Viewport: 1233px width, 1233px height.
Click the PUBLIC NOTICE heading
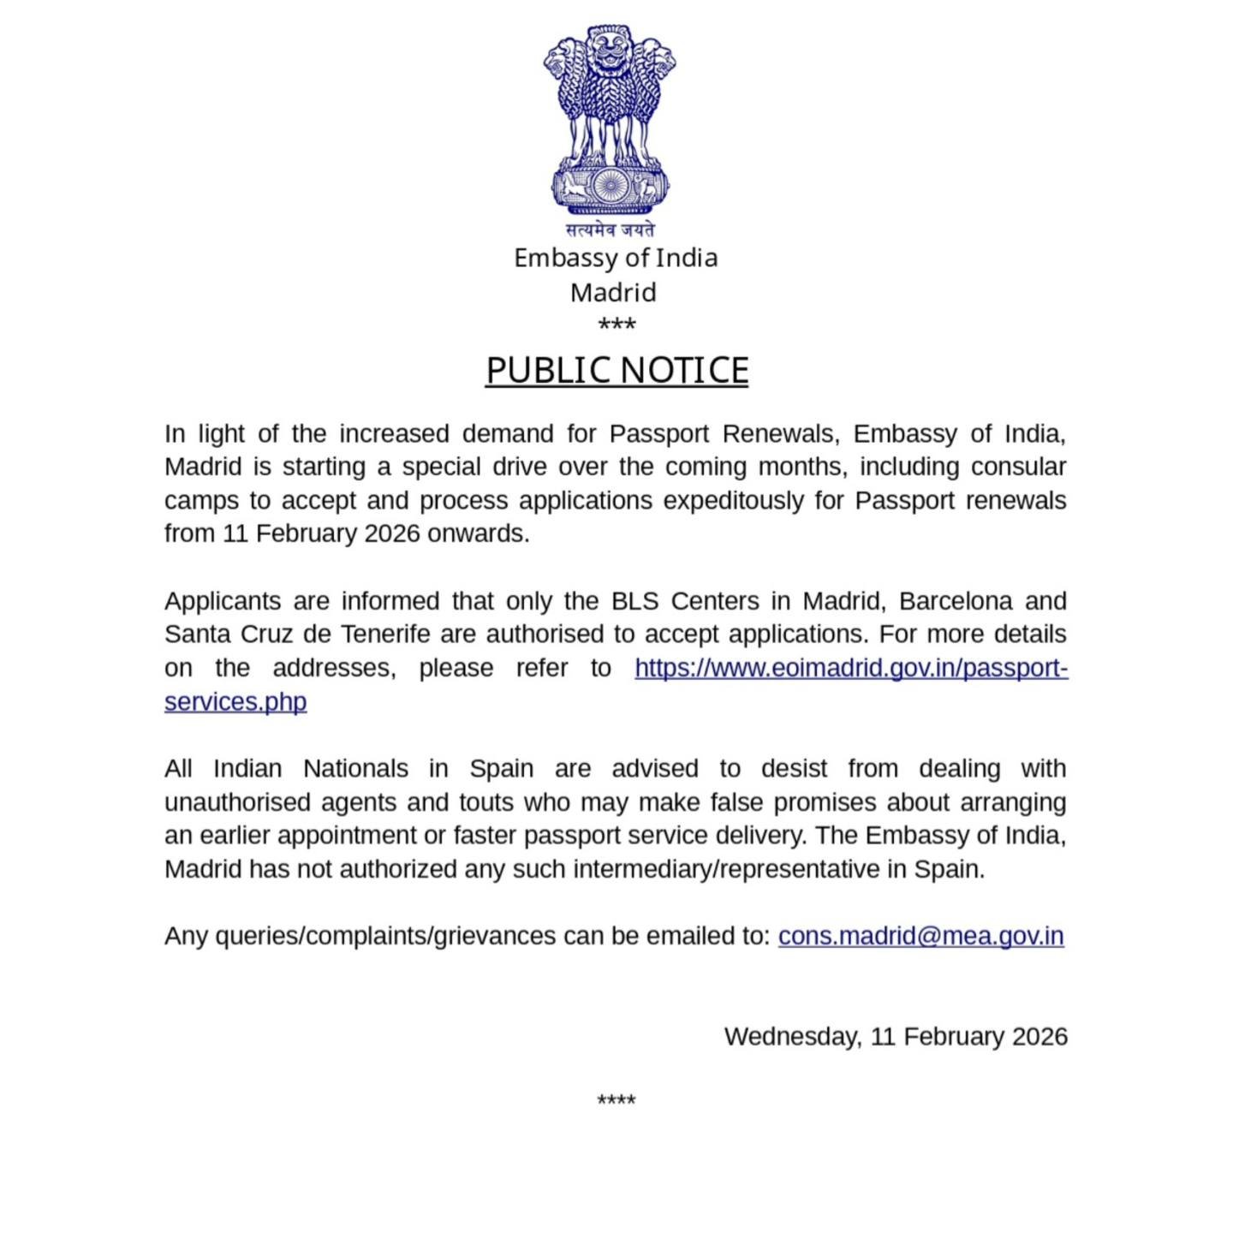[x=616, y=371]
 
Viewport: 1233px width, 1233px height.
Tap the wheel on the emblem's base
[x=611, y=186]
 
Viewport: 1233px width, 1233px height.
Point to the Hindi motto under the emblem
[x=611, y=229]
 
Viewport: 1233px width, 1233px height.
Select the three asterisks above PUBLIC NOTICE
[x=616, y=325]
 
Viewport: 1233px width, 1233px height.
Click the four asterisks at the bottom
[x=616, y=1100]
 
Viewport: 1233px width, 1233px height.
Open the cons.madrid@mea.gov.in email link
[x=920, y=936]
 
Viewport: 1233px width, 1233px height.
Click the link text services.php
[x=235, y=701]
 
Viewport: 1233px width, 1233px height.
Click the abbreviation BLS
[x=634, y=601]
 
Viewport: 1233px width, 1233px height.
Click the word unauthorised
[x=237, y=802]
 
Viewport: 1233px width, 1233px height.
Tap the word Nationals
[x=355, y=769]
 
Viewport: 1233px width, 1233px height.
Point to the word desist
[x=794, y=769]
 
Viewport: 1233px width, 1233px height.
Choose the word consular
[x=1018, y=467]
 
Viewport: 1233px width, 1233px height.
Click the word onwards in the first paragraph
[x=478, y=533]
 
